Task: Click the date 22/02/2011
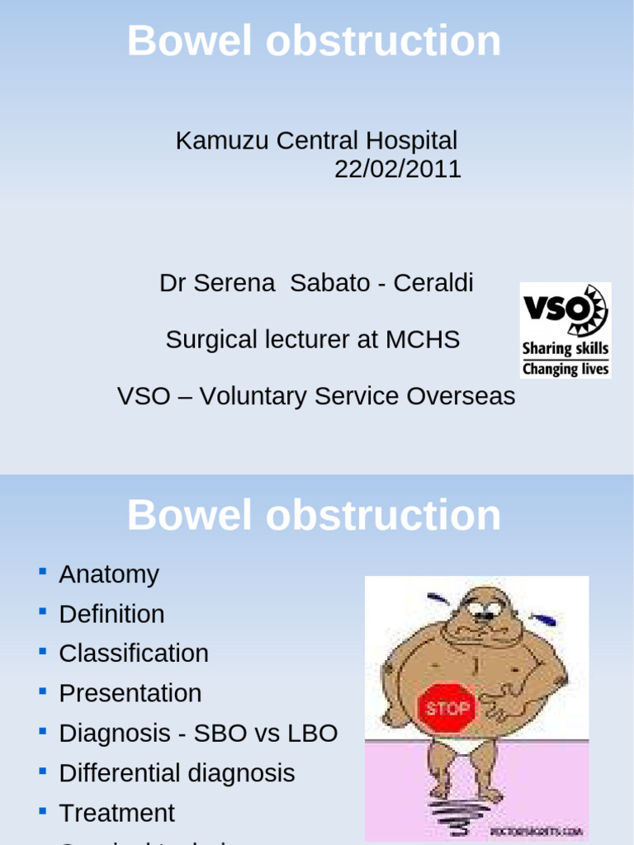(397, 169)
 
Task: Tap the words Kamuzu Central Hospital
(316, 140)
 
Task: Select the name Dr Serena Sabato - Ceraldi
(316, 283)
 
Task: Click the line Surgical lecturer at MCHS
(313, 339)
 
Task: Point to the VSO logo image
(565, 330)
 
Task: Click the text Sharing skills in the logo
(565, 349)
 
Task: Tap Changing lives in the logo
(565, 369)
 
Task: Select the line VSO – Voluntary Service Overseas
(316, 396)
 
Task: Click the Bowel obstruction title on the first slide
(314, 41)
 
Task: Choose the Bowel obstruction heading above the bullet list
(314, 516)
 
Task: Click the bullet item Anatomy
(109, 574)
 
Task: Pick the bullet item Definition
(111, 614)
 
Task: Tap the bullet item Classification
(134, 654)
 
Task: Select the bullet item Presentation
(130, 693)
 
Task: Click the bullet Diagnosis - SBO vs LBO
(198, 733)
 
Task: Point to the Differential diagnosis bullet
(177, 773)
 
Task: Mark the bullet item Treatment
(116, 813)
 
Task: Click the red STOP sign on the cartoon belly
(448, 708)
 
